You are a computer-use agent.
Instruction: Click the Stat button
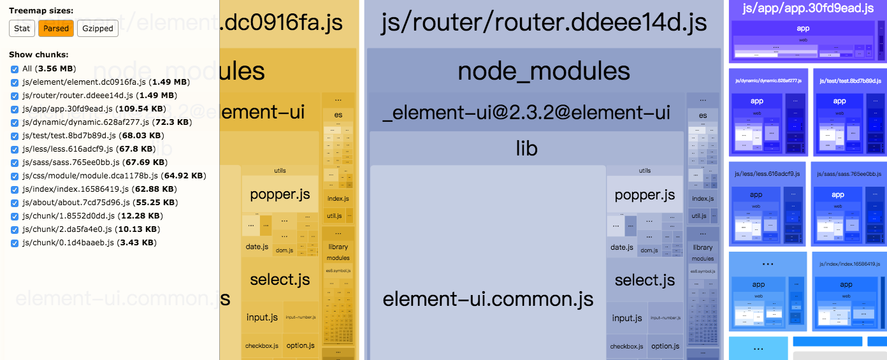tap(22, 28)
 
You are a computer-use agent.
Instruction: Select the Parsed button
tap(56, 28)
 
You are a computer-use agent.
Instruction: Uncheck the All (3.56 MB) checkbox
tap(15, 69)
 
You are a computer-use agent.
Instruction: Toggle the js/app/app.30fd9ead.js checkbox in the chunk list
tap(15, 109)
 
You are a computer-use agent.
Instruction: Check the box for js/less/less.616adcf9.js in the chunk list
tap(15, 149)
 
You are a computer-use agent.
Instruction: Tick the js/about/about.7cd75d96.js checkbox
tap(15, 203)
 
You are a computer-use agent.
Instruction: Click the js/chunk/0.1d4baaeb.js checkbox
tap(15, 243)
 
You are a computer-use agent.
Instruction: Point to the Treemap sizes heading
tap(41, 11)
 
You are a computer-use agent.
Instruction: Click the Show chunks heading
tap(39, 55)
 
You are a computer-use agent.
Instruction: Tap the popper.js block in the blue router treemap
tap(645, 195)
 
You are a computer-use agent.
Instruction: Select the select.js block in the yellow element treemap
tap(280, 279)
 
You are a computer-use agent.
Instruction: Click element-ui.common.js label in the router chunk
tap(488, 298)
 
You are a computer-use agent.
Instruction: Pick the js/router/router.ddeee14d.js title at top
tap(544, 22)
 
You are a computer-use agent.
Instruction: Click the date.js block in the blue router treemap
tap(621, 247)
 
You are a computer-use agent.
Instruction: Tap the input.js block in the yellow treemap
tap(262, 317)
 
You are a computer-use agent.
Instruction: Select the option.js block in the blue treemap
tap(665, 346)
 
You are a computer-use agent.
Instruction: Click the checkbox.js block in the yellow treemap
tap(262, 346)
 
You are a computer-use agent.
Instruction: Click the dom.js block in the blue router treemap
tap(649, 250)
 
